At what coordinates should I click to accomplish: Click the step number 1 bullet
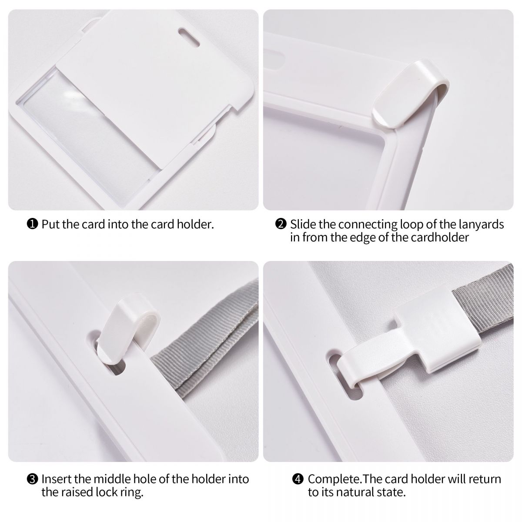pyautogui.click(x=32, y=224)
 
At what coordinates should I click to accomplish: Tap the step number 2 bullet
pyautogui.click(x=281, y=224)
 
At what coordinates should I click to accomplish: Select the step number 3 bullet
pyautogui.click(x=32, y=479)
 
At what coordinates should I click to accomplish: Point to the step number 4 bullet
pyautogui.click(x=298, y=479)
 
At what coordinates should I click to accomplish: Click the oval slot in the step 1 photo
pyautogui.click(x=189, y=37)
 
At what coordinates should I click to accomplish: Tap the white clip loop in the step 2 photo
pyautogui.click(x=410, y=94)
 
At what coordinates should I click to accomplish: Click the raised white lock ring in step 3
pyautogui.click(x=127, y=328)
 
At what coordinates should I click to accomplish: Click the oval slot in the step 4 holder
pyautogui.click(x=345, y=377)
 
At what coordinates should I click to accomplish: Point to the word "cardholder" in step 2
pyautogui.click(x=440, y=238)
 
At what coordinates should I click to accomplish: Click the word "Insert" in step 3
pyautogui.click(x=56, y=479)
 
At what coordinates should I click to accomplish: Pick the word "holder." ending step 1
pyautogui.click(x=195, y=224)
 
